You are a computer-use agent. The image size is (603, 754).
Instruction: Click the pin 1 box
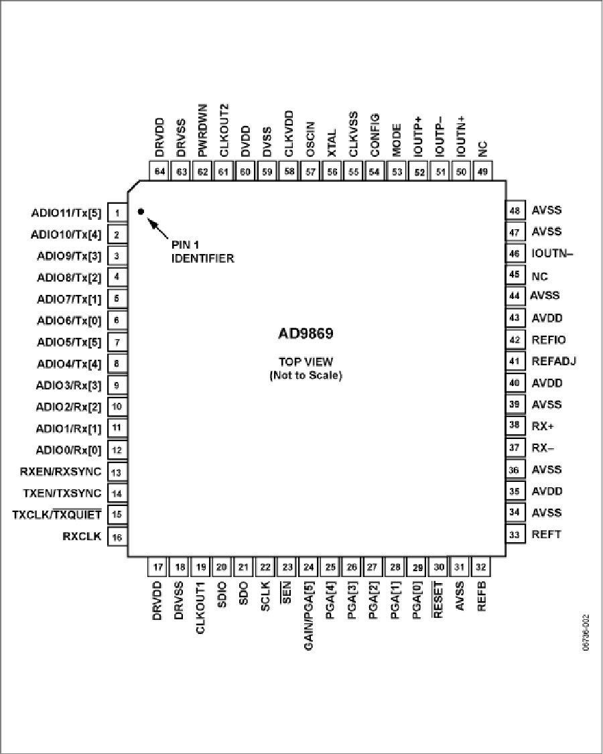point(117,213)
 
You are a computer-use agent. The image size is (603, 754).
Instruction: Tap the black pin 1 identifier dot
point(141,212)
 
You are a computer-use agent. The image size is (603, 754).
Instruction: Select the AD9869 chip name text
point(306,333)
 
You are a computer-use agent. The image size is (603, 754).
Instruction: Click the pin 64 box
point(159,172)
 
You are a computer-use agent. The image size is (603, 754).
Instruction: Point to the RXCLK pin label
point(82,536)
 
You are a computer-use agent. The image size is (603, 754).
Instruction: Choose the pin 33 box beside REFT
point(515,534)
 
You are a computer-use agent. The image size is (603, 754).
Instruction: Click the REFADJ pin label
point(553,361)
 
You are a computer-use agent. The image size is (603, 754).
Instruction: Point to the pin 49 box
point(482,172)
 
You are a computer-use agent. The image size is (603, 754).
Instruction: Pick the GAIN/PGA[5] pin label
point(309,615)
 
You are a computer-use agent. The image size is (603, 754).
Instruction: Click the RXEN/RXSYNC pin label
point(61,472)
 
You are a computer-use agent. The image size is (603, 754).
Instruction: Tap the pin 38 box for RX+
point(515,426)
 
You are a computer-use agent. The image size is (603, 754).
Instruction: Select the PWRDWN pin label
point(203,130)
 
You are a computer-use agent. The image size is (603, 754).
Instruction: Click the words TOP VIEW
point(306,362)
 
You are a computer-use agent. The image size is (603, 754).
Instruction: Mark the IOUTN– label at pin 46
point(553,253)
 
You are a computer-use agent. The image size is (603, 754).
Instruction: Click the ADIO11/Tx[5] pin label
point(66,214)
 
